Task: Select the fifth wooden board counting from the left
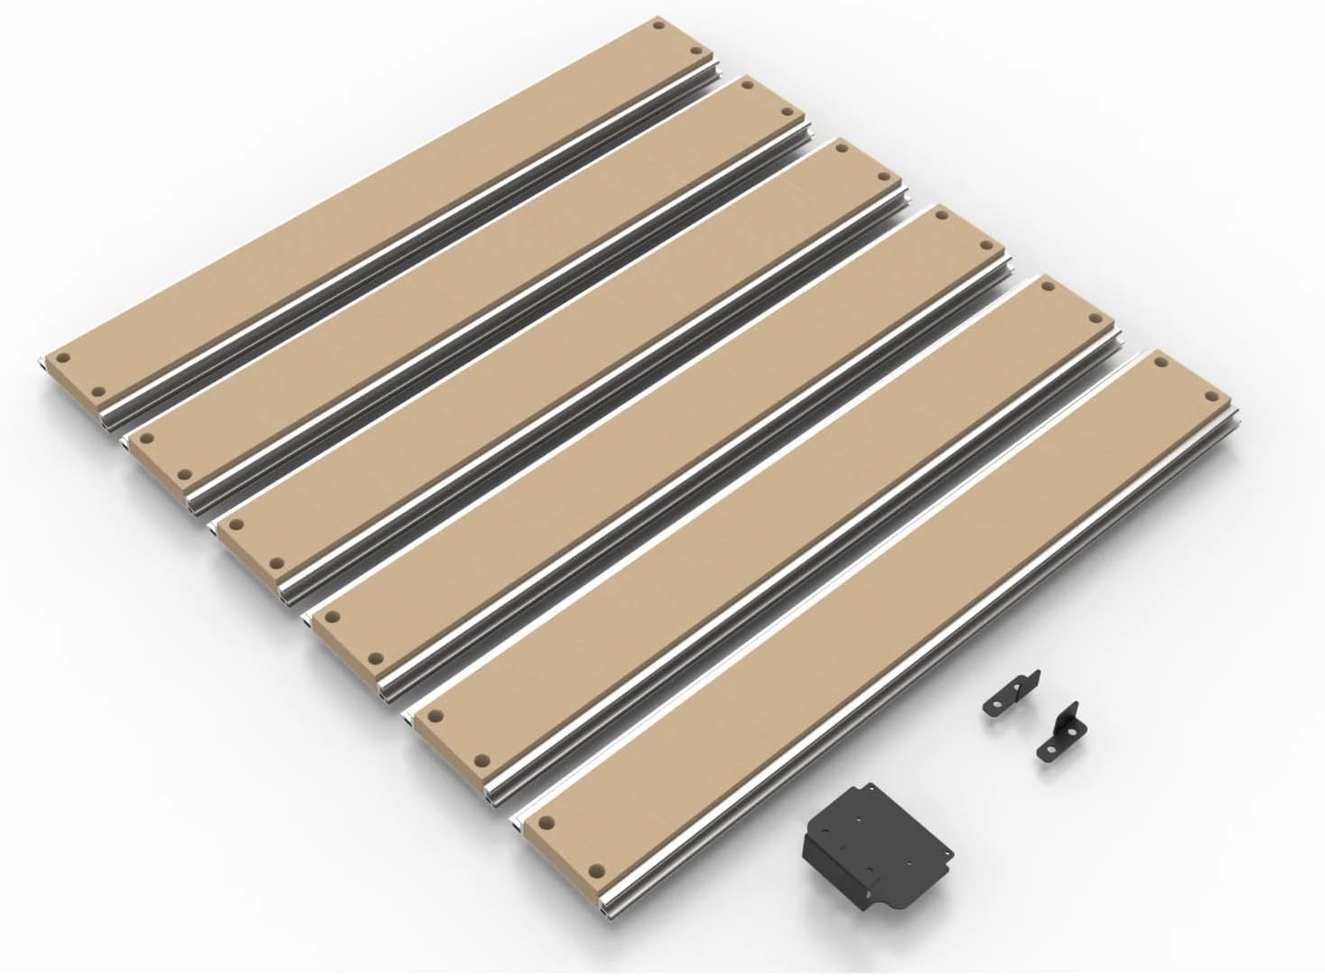[x=768, y=506]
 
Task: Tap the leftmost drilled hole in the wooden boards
[x=62, y=358]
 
